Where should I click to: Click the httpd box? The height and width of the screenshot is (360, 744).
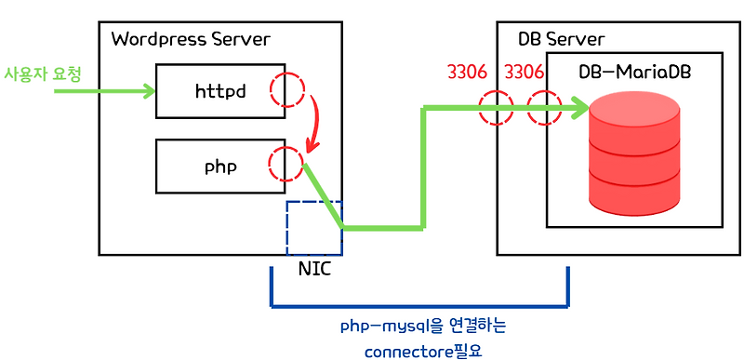219,91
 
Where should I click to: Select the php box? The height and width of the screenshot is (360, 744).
219,167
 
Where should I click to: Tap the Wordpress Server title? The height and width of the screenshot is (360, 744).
190,39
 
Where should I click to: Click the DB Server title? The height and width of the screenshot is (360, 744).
561,39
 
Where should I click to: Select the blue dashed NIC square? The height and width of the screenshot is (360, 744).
314,228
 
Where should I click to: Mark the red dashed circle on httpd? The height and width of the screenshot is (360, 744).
286,91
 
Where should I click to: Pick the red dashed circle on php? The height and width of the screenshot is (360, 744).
285,165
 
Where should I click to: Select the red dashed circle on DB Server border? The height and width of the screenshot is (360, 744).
497,109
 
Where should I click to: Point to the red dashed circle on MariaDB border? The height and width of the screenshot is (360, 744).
545,109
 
